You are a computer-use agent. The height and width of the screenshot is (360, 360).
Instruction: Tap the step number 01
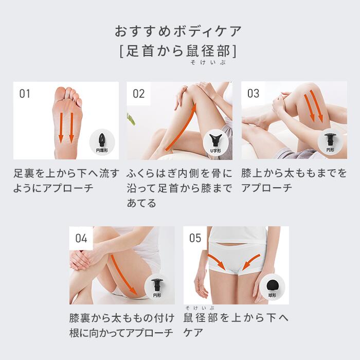tap(25, 94)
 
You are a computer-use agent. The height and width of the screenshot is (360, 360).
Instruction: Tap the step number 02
tap(139, 94)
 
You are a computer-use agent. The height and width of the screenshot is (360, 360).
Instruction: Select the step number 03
tap(253, 94)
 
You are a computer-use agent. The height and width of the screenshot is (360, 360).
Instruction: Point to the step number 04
tap(81, 238)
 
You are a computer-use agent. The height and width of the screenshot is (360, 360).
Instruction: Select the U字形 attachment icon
tap(216, 140)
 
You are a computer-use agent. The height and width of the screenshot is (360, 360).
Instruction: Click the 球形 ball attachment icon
tap(273, 285)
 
